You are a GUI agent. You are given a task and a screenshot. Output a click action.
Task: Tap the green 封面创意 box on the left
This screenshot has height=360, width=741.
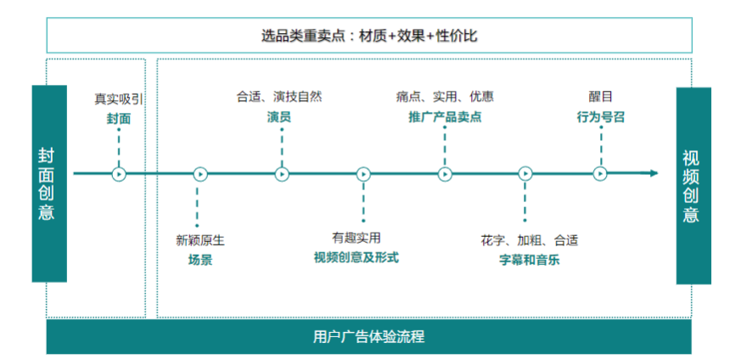[x=48, y=183]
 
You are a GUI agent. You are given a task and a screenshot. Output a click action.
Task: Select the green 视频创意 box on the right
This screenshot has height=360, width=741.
[x=693, y=185]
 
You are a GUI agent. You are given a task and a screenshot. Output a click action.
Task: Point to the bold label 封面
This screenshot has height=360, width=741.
[x=119, y=118]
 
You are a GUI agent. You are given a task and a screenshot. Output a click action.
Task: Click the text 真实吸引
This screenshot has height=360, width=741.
[x=119, y=98]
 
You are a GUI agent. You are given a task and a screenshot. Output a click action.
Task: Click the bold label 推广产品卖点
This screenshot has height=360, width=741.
[x=445, y=116]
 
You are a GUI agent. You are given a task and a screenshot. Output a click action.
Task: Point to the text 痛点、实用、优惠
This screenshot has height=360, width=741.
[x=445, y=97]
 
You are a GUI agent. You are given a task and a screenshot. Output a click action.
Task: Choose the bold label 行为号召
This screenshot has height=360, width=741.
[x=600, y=116]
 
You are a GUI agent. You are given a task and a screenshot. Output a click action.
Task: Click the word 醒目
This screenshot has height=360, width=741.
[x=600, y=97]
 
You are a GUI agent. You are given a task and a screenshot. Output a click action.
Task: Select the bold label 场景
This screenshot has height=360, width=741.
[x=200, y=260]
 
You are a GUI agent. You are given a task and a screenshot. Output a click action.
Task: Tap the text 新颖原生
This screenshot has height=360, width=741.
[x=200, y=240]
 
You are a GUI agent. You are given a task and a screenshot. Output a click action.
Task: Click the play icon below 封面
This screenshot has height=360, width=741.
[x=119, y=174]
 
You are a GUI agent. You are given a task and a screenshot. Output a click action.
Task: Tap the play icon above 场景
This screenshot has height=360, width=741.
[x=200, y=174]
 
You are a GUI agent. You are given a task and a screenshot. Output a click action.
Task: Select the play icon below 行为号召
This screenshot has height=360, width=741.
[x=600, y=174]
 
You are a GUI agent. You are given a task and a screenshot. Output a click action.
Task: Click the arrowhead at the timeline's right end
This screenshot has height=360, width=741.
[x=654, y=174]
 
